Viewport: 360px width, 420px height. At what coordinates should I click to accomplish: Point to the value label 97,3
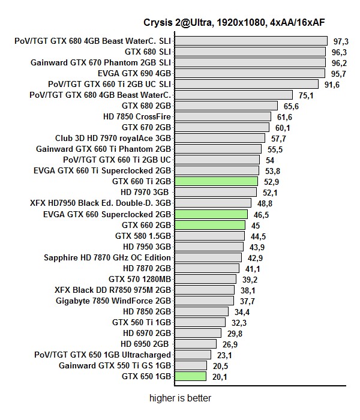pyautogui.click(x=341, y=41)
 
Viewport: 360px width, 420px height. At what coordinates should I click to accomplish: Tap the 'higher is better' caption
pyautogui.click(x=180, y=397)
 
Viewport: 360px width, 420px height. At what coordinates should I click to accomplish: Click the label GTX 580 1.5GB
pyautogui.click(x=143, y=236)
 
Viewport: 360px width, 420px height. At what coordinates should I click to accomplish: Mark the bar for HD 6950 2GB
pyautogui.click(x=196, y=344)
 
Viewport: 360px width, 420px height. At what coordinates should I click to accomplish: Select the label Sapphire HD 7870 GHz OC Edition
pyautogui.click(x=107, y=257)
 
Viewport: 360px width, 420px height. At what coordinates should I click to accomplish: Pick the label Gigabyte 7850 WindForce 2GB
pyautogui.click(x=113, y=301)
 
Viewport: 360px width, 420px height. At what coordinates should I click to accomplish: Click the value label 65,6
pyautogui.click(x=292, y=106)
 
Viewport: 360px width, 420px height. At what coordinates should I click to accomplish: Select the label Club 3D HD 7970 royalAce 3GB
pyautogui.click(x=113, y=138)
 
